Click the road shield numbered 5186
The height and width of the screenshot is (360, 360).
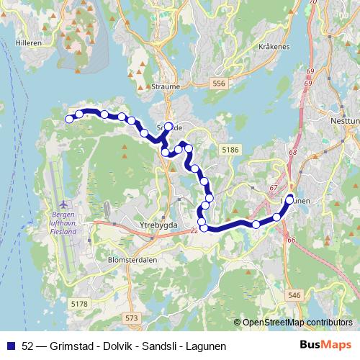[x=230, y=149]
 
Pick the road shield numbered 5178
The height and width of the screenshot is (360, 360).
[x=80, y=305]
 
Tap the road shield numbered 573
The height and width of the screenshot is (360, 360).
[x=130, y=318]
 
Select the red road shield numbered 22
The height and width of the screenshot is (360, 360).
[x=194, y=230]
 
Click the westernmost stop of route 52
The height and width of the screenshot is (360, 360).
[x=70, y=119]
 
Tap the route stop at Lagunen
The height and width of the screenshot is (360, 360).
[x=289, y=199]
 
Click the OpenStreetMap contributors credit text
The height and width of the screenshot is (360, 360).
[x=297, y=322]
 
